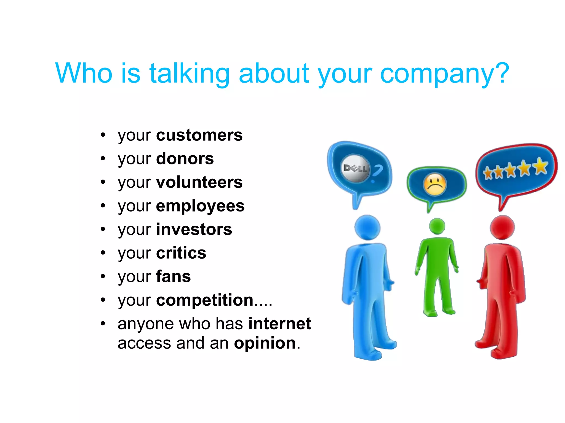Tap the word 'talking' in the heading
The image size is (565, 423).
[190, 73]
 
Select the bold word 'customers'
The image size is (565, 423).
[199, 135]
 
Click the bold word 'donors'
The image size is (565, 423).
[185, 159]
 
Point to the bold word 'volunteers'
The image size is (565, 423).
[199, 182]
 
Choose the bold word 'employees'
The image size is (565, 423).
[200, 206]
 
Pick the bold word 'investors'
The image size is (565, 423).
[194, 229]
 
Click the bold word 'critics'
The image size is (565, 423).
[181, 253]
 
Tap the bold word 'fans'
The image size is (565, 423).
[173, 276]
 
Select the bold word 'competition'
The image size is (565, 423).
[205, 300]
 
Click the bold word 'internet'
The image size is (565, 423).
[279, 324]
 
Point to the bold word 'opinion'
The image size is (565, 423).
[265, 343]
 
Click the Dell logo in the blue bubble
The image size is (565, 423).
[355, 168]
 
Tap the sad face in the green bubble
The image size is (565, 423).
[435, 184]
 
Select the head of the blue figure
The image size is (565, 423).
[367, 228]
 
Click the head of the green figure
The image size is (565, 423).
[437, 226]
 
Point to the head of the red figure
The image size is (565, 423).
[502, 227]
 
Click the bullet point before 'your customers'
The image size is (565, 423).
[103, 135]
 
